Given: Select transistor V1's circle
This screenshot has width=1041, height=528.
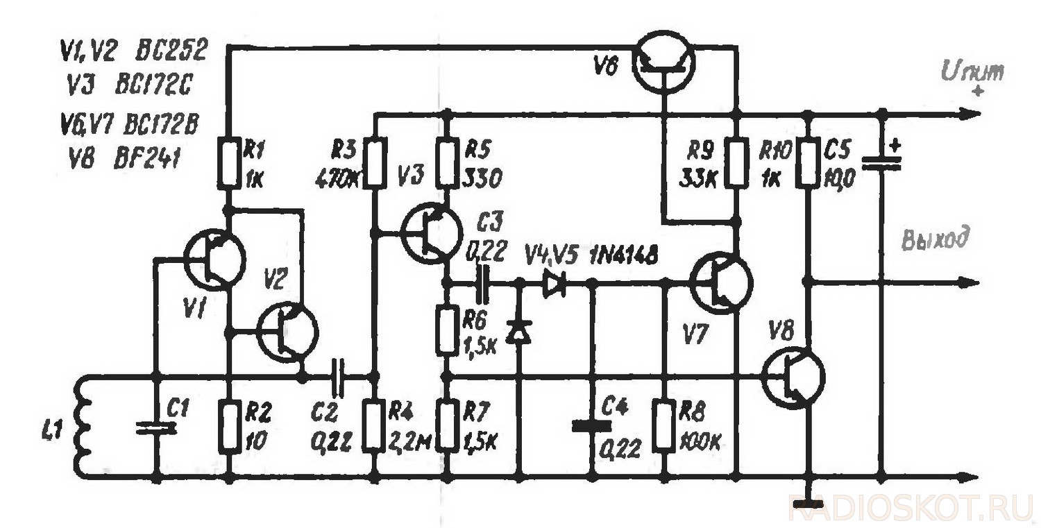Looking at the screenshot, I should pyautogui.click(x=215, y=262).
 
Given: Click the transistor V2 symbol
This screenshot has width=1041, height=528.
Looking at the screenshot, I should pyautogui.click(x=287, y=333).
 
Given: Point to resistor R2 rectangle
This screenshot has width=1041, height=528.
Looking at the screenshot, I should pyautogui.click(x=228, y=427).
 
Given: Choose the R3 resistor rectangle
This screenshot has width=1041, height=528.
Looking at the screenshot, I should pyautogui.click(x=375, y=163).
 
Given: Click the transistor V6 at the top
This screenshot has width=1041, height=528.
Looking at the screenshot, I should pyautogui.click(x=664, y=62).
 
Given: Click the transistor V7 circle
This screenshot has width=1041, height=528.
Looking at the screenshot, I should pyautogui.click(x=722, y=283).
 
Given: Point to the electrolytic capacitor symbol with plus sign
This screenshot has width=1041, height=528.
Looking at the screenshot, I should pyautogui.click(x=881, y=162).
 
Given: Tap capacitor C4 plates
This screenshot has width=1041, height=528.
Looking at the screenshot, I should pyautogui.click(x=592, y=425).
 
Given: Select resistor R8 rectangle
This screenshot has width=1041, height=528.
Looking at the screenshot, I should pyautogui.click(x=666, y=427).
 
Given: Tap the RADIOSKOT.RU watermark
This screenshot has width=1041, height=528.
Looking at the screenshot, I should pyautogui.click(x=910, y=509).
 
